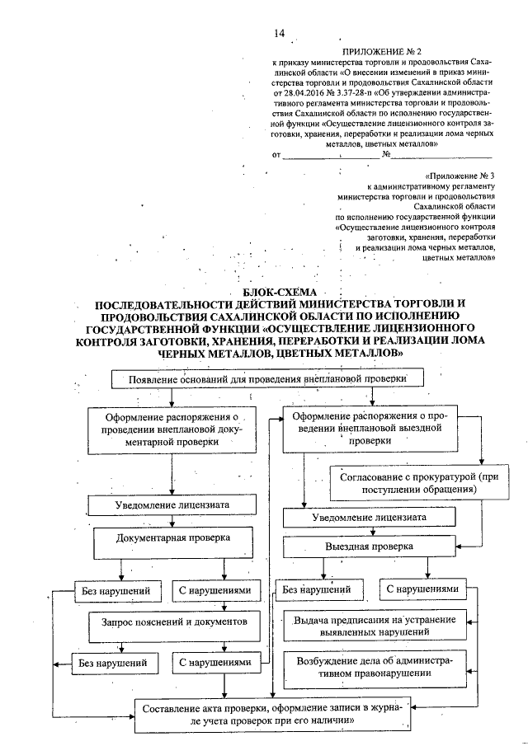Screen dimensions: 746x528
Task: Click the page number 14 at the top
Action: coord(279,34)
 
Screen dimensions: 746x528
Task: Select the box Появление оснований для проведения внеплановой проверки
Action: coord(269,378)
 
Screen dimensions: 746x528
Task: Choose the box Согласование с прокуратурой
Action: coord(406,482)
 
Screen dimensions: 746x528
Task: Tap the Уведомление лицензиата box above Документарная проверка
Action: coord(172,504)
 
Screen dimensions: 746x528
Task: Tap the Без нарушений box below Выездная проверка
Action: coord(318,590)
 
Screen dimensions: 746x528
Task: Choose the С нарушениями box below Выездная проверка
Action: coord(421,590)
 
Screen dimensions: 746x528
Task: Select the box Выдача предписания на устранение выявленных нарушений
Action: coord(374,626)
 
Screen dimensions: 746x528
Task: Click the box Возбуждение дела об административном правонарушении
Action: coord(374,666)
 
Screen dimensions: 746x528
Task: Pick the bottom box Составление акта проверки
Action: coord(272,715)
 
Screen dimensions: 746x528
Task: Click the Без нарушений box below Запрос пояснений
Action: coord(114,661)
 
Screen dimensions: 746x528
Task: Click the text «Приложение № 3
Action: coord(461,176)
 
